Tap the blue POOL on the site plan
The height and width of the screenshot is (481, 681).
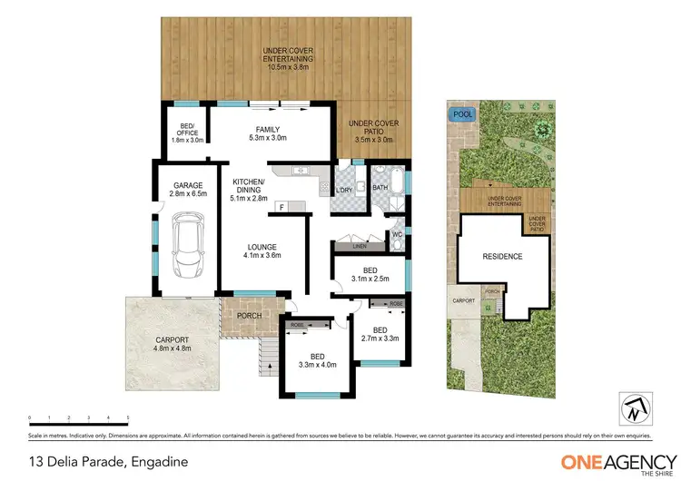[463, 115]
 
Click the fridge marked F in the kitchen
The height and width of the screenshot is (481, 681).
[281, 207]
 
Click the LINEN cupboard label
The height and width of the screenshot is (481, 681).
[357, 246]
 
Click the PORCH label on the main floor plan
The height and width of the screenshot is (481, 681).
[249, 316]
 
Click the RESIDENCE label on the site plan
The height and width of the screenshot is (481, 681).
[502, 256]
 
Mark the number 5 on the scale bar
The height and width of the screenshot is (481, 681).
[127, 417]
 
